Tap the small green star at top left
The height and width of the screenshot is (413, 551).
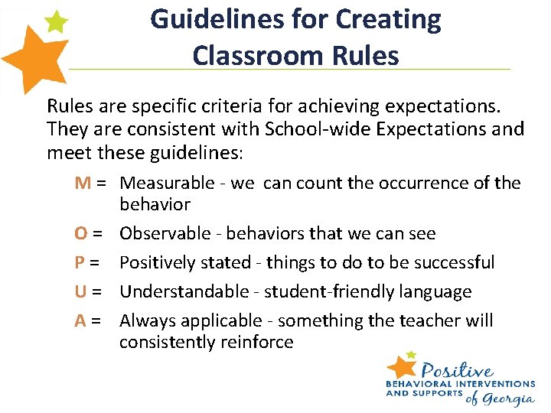56,22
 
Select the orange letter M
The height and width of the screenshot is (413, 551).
83,184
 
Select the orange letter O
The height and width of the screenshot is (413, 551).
81,234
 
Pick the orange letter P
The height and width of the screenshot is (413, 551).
80,263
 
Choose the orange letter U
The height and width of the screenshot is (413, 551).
81,292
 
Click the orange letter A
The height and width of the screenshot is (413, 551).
80,321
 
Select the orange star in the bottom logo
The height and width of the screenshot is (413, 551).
401,366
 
